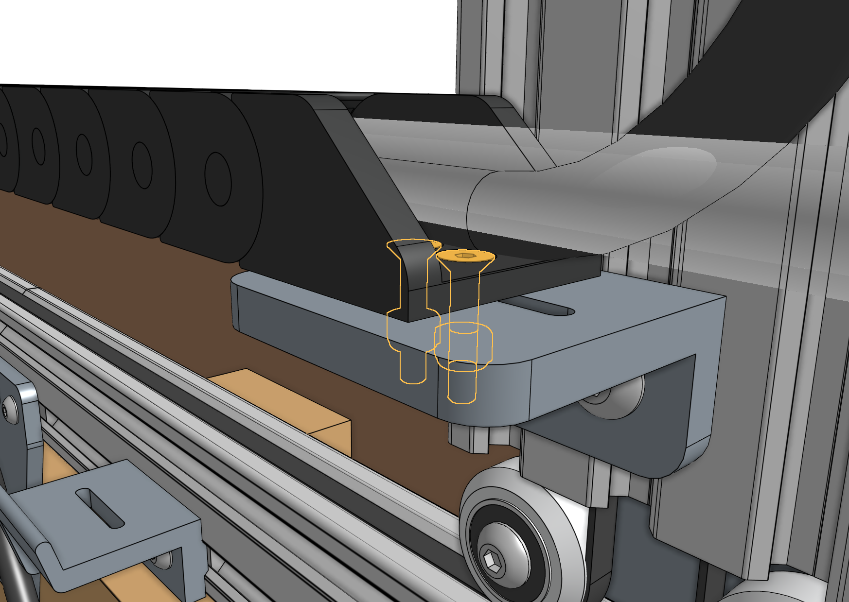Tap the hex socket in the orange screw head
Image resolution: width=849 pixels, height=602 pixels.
465,255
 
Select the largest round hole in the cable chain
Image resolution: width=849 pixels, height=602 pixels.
217,179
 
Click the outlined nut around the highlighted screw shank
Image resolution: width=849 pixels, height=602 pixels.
463,345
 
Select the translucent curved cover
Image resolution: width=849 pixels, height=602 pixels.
584,194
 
